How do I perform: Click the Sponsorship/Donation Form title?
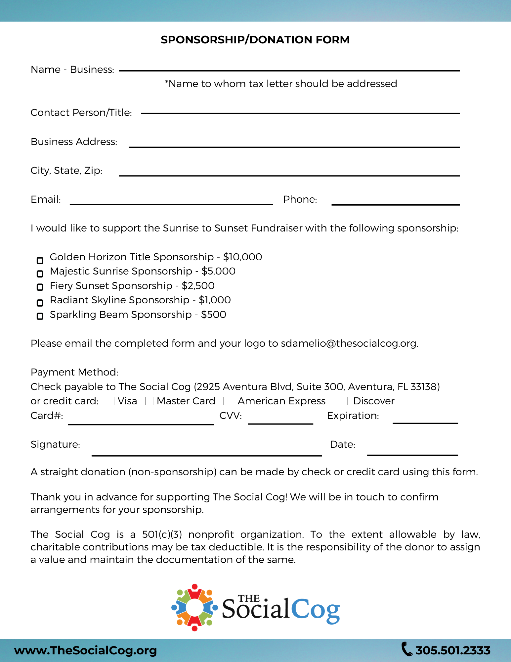255,40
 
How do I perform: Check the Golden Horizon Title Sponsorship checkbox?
40,261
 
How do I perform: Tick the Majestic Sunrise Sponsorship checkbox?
40,274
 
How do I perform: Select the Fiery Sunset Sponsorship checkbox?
40,287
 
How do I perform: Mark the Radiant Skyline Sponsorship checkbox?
40,303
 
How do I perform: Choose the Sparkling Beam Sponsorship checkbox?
40,316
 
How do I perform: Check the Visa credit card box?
111,401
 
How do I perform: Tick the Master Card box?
149,401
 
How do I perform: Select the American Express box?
227,401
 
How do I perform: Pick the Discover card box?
344,401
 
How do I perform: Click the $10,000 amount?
242,257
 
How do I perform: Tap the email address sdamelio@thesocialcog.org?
349,343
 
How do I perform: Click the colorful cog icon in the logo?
194,608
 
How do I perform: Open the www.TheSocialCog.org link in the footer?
85,650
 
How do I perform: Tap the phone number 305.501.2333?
452,650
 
